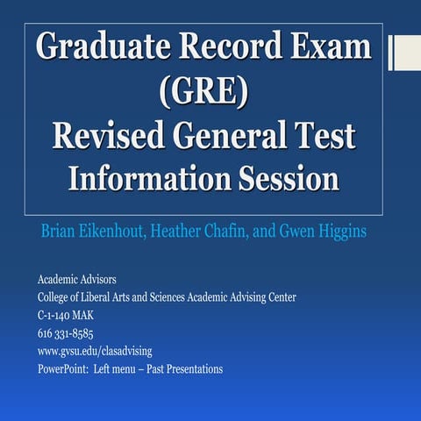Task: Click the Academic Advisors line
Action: (77, 280)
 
